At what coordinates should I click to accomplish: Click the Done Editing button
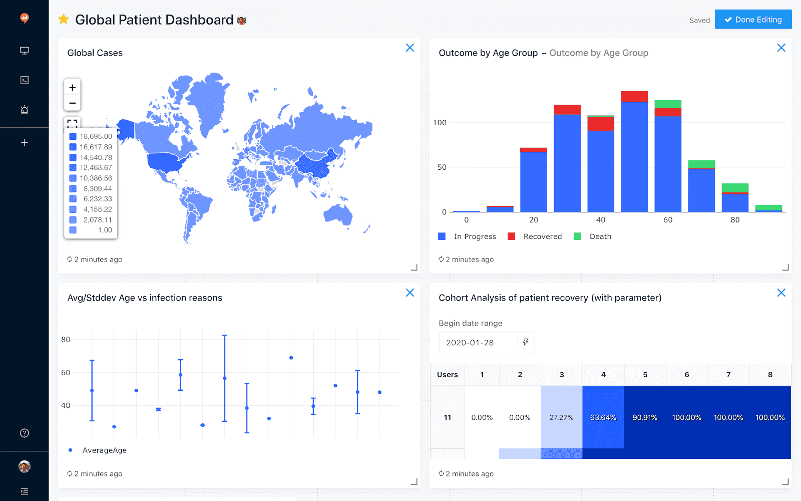tap(753, 20)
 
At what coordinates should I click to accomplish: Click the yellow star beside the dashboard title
tap(64, 20)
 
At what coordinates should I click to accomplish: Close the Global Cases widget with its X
tap(410, 48)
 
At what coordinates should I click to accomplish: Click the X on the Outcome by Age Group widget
tap(781, 48)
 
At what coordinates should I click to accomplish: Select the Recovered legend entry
tap(542, 236)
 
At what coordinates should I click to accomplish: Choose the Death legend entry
tap(600, 236)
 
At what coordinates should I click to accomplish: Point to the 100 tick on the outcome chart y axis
tap(440, 123)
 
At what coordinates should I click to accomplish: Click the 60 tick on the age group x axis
tap(668, 220)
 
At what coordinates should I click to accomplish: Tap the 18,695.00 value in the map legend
tap(96, 136)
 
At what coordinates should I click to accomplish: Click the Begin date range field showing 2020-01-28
tap(478, 343)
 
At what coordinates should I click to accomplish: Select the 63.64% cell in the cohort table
tap(603, 417)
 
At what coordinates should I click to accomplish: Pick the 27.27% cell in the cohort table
tap(561, 417)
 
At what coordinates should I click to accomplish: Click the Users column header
tap(447, 375)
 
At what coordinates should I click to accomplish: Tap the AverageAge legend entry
tap(104, 450)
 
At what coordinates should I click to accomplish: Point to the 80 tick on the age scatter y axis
tap(66, 340)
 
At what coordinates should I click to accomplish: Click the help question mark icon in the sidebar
tap(24, 433)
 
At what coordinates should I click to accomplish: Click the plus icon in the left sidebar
tap(24, 143)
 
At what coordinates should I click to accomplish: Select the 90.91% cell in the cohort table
tap(645, 417)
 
